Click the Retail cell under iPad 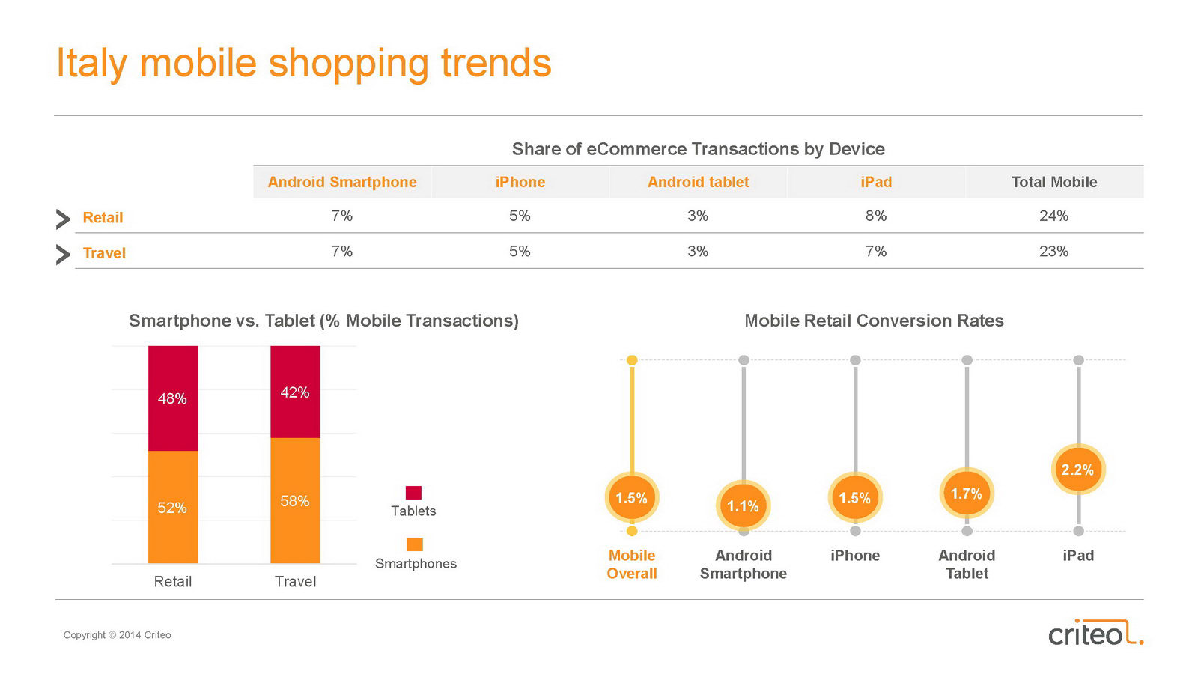point(876,216)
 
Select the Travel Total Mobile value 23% point(1053,252)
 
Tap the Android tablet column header point(698,183)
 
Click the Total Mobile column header point(1054,183)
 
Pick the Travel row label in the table point(104,253)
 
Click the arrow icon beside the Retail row point(63,219)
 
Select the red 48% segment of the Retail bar point(173,398)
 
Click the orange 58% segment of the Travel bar point(295,501)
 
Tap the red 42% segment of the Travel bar point(295,392)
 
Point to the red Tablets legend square point(413,493)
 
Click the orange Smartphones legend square point(415,544)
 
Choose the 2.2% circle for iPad point(1078,470)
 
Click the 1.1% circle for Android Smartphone point(744,506)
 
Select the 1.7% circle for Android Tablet point(967,494)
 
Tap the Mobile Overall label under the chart point(632,565)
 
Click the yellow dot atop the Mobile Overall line point(632,360)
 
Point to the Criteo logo point(1096,632)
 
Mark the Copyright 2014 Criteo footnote point(117,635)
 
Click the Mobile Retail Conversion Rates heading point(874,321)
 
